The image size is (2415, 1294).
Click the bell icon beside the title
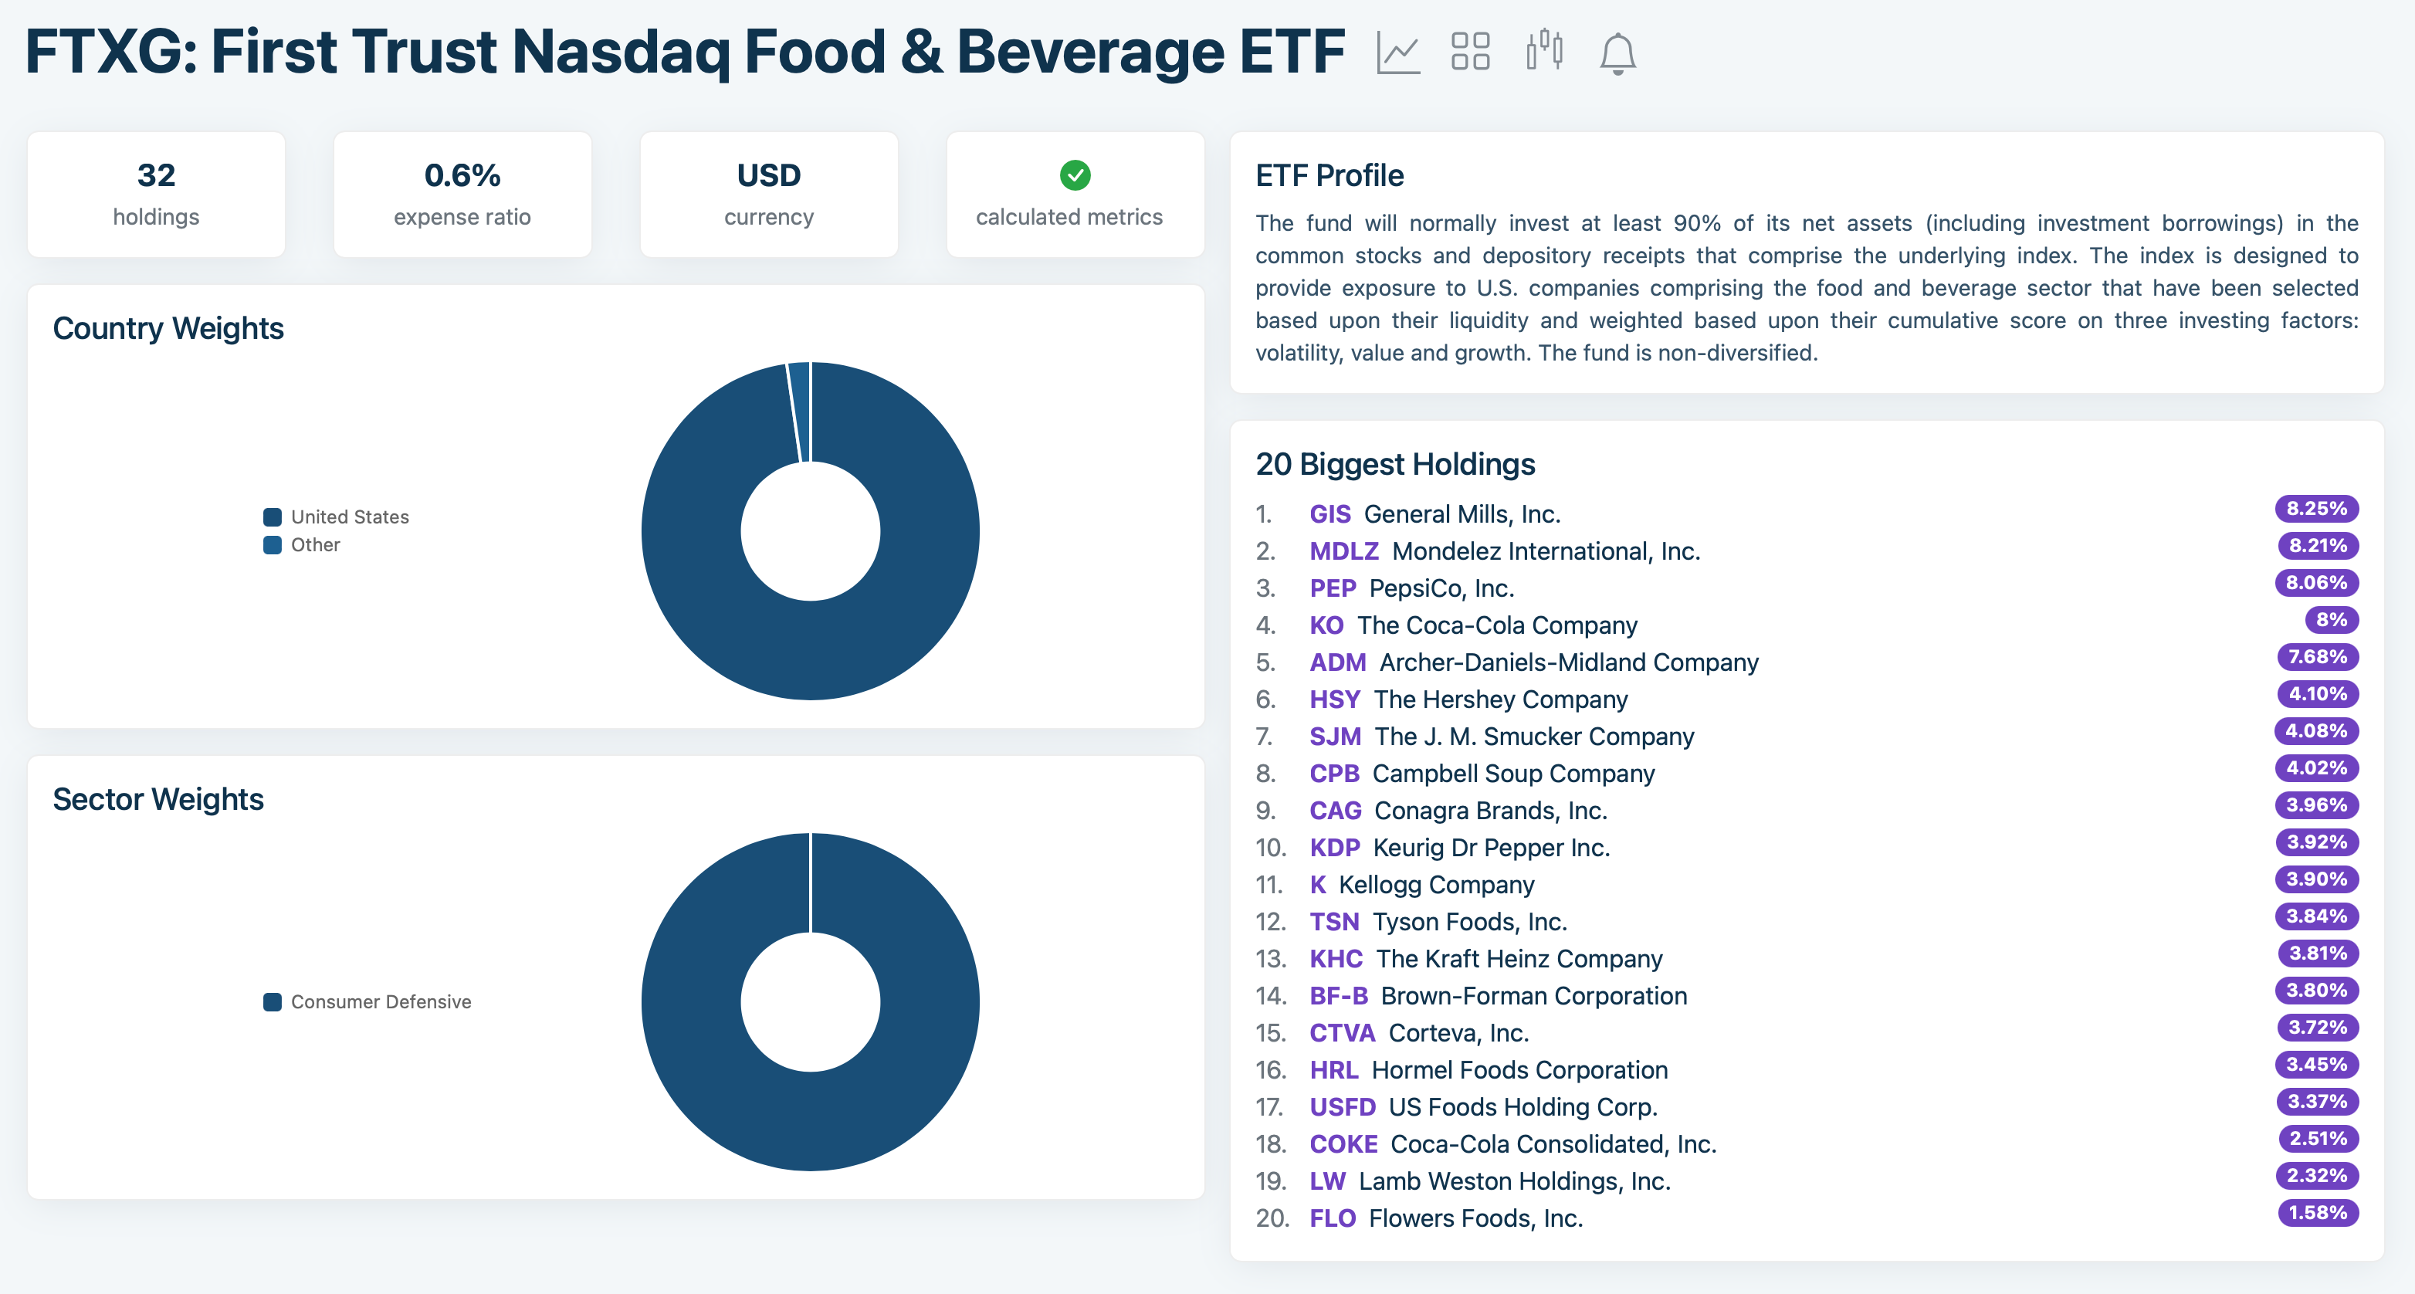click(1617, 53)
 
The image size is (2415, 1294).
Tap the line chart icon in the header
click(1397, 53)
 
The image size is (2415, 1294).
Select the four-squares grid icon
click(1470, 52)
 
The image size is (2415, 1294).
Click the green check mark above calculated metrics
click(1075, 174)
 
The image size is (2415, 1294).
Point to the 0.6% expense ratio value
click(462, 175)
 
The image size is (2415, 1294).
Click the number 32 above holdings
click(156, 175)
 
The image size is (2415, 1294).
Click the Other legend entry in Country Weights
click(314, 545)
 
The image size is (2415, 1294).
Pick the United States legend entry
click(349, 517)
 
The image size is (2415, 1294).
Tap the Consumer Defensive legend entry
click(380, 1001)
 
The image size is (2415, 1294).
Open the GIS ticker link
click(1329, 514)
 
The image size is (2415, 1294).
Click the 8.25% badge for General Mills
click(2315, 508)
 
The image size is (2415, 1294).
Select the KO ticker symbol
click(1326, 625)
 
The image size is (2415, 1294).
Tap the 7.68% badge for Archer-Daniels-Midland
click(2316, 656)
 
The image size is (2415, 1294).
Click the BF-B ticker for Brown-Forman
click(1338, 996)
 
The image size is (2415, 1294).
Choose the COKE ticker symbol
click(1343, 1144)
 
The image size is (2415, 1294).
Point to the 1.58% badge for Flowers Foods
click(2316, 1212)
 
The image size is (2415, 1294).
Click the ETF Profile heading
click(1329, 175)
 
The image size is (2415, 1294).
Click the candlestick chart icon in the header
click(1544, 51)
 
